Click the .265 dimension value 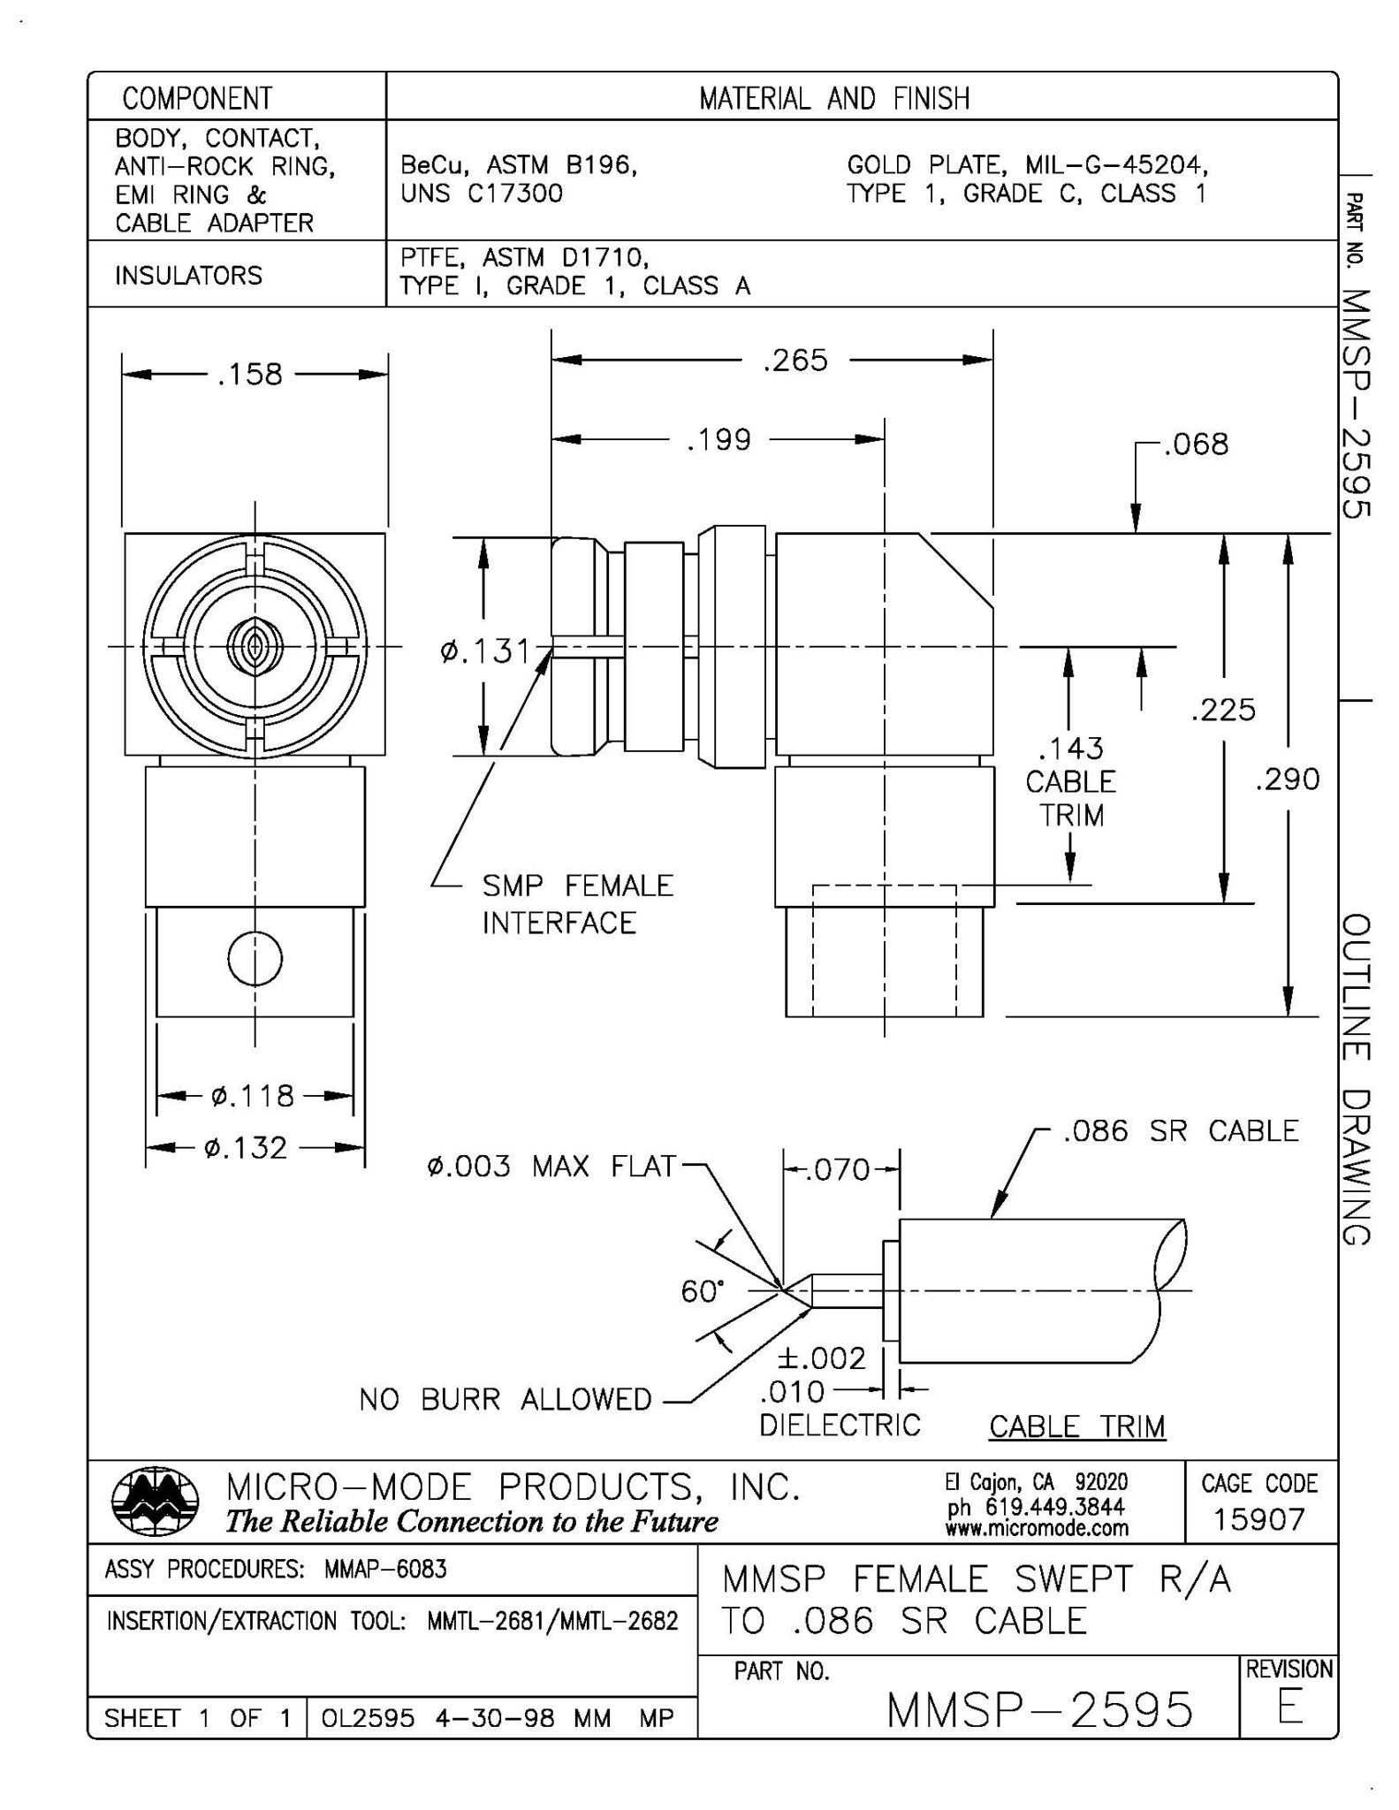pyautogui.click(x=795, y=361)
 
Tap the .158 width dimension pyautogui.click(x=249, y=375)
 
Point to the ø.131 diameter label pyautogui.click(x=485, y=652)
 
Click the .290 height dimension pyautogui.click(x=1288, y=780)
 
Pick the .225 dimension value pyautogui.click(x=1223, y=710)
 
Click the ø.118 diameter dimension pyautogui.click(x=253, y=1096)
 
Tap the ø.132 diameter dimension pyautogui.click(x=246, y=1148)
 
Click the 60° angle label pyautogui.click(x=702, y=1291)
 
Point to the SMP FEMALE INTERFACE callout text pyautogui.click(x=576, y=904)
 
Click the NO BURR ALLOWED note pyautogui.click(x=505, y=1399)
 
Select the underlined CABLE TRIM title pyautogui.click(x=1076, y=1426)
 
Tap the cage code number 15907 pyautogui.click(x=1258, y=1519)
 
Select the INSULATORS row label pyautogui.click(x=188, y=276)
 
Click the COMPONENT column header pyautogui.click(x=197, y=97)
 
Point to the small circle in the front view pyautogui.click(x=255, y=958)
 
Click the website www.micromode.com pyautogui.click(x=1036, y=1528)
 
